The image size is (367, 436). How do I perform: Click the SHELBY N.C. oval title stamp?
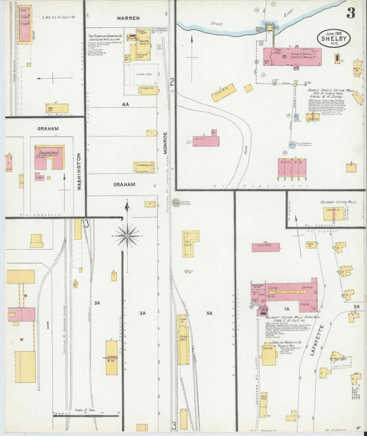tap(335, 39)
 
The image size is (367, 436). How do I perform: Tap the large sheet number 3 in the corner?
tap(351, 12)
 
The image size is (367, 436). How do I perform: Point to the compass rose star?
tap(127, 236)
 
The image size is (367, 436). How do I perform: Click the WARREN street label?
tap(128, 17)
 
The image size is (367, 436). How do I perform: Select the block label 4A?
tap(125, 103)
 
